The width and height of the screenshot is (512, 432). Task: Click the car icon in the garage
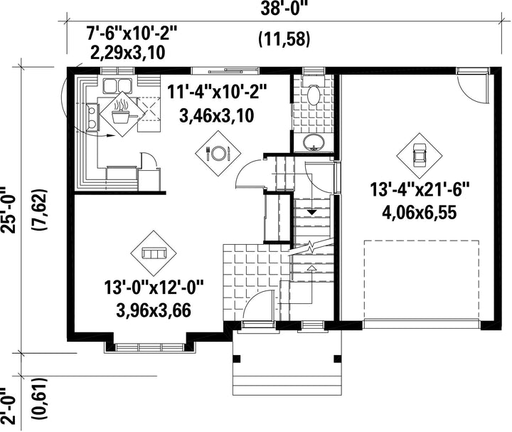point(420,156)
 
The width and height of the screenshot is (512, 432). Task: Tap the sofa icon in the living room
point(154,253)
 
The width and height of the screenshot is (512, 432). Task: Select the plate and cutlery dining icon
point(218,152)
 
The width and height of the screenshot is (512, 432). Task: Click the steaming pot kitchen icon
point(122,114)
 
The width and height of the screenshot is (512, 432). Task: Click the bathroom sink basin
point(314,142)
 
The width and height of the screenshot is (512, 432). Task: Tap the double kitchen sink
point(117,85)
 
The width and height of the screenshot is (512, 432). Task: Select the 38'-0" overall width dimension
point(284,9)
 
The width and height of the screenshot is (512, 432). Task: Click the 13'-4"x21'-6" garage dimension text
point(420,190)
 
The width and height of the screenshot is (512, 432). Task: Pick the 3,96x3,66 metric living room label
point(153,310)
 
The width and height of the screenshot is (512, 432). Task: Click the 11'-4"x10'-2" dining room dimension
point(217,92)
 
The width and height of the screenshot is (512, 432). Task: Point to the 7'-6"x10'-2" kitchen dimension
point(132,33)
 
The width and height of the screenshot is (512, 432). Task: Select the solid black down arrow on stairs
point(312,212)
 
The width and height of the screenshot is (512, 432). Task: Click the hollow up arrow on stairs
point(312,268)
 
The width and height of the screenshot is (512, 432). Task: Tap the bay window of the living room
point(150,347)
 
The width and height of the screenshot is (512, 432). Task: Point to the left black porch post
point(237,359)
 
